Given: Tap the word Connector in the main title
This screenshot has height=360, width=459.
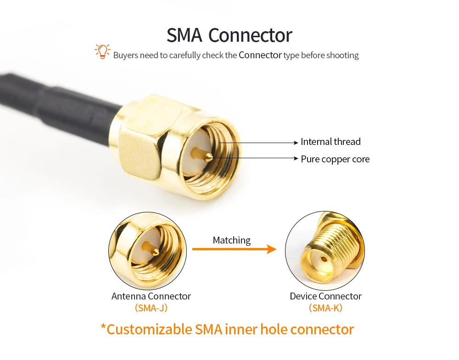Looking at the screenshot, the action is tap(250, 35).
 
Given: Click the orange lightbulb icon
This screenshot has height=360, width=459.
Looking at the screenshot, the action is tap(102, 51).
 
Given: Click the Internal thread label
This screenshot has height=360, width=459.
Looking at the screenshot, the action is tap(330, 142).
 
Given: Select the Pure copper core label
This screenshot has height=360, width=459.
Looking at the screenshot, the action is tap(335, 159).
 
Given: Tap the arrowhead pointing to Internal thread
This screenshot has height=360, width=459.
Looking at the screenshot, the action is tap(296, 143).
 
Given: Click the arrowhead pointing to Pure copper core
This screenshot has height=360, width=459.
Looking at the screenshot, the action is tap(296, 159).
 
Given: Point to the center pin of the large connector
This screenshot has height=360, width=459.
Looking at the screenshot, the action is tap(208, 157).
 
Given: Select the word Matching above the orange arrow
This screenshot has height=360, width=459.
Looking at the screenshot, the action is tap(232, 240).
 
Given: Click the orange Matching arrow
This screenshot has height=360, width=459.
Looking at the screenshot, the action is tap(234, 249).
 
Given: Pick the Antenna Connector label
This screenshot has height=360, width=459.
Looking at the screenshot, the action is tap(151, 296).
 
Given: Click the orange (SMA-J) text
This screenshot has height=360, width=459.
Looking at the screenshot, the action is tap(151, 308).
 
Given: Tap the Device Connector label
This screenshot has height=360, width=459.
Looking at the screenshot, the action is tap(325, 296).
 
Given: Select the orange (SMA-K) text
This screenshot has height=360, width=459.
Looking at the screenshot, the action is tap(325, 308).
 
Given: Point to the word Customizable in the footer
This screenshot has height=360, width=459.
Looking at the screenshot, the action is tap(149, 329).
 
